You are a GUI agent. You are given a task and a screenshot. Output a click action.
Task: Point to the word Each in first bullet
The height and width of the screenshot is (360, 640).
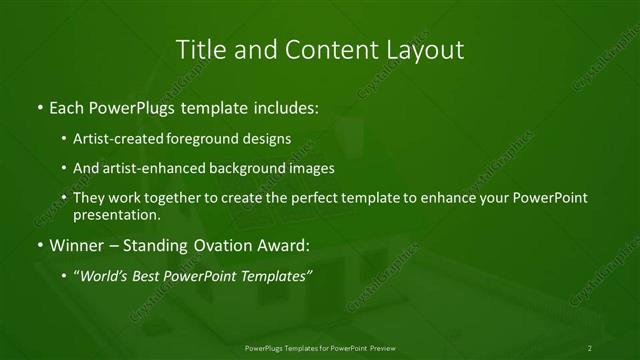tap(67, 106)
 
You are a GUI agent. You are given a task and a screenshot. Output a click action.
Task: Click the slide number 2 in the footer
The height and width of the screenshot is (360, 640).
tap(590, 348)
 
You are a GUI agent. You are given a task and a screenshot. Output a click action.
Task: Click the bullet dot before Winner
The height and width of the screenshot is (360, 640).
tap(39, 245)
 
